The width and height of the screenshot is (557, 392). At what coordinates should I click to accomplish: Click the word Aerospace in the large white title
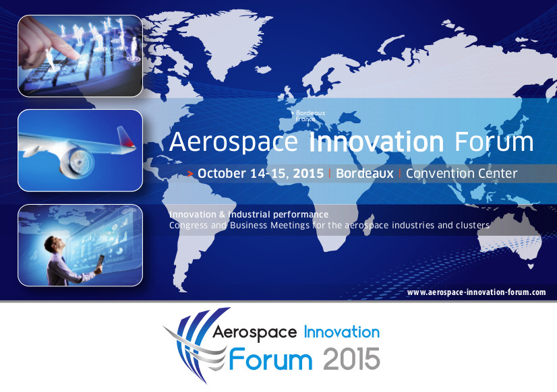tap(233, 143)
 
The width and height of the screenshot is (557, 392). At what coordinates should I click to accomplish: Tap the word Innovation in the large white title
tap(376, 141)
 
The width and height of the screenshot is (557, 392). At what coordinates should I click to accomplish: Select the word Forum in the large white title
tap(494, 141)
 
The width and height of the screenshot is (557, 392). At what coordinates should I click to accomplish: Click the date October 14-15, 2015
tap(261, 174)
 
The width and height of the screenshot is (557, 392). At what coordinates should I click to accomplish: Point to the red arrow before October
tap(190, 174)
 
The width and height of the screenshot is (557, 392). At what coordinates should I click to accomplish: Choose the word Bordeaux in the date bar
tap(365, 174)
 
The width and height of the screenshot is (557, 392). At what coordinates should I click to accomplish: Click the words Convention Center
tap(461, 174)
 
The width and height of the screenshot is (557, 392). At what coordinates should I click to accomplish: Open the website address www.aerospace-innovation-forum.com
tap(476, 292)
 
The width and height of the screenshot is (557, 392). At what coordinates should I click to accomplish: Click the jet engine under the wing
tap(77, 162)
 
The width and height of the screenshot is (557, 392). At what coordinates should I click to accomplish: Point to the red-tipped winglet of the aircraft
tap(125, 137)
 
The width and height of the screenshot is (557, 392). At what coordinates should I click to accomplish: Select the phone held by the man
tap(100, 260)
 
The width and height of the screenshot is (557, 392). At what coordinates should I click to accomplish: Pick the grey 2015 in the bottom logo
tap(352, 360)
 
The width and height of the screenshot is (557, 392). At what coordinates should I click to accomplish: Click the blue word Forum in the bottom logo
tap(270, 359)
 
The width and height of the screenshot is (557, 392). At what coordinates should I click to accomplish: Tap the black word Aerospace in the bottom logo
tap(254, 333)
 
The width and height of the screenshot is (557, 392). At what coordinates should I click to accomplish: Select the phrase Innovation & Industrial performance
tap(249, 215)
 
